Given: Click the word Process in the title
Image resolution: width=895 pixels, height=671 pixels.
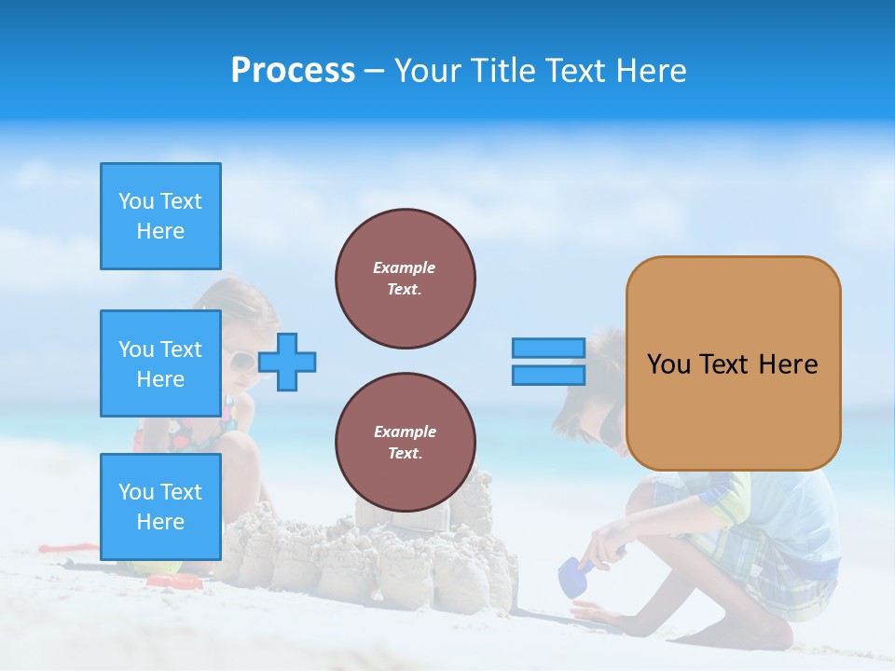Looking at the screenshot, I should tap(293, 71).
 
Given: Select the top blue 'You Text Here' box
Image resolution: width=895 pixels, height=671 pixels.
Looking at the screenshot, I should tap(160, 216).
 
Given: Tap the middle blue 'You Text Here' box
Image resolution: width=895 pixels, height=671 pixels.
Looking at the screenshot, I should tap(160, 363).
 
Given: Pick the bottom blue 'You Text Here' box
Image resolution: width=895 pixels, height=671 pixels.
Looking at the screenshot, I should tap(160, 507).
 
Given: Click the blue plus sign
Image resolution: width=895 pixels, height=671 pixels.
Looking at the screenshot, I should tap(287, 362).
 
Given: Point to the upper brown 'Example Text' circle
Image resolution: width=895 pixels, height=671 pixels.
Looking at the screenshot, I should tap(406, 279).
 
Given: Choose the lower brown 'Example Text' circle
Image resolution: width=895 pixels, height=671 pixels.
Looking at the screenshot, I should tap(406, 443).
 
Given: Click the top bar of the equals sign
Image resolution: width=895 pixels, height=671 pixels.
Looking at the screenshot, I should tap(549, 348).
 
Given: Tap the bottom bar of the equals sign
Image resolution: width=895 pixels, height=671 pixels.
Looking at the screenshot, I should tap(549, 375).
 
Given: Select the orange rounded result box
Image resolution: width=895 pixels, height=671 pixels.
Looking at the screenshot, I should tap(733, 363).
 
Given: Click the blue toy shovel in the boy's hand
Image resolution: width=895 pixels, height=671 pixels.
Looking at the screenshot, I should tap(571, 578).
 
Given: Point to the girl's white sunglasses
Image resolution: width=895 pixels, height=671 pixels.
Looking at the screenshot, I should tap(241, 361).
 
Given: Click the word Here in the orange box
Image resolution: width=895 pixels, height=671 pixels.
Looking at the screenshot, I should tap(788, 364).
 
